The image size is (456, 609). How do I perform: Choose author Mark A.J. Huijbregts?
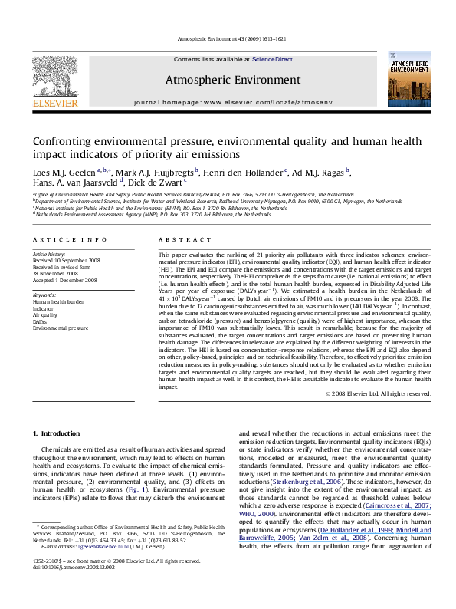(159, 171)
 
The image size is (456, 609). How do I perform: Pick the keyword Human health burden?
(56, 300)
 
